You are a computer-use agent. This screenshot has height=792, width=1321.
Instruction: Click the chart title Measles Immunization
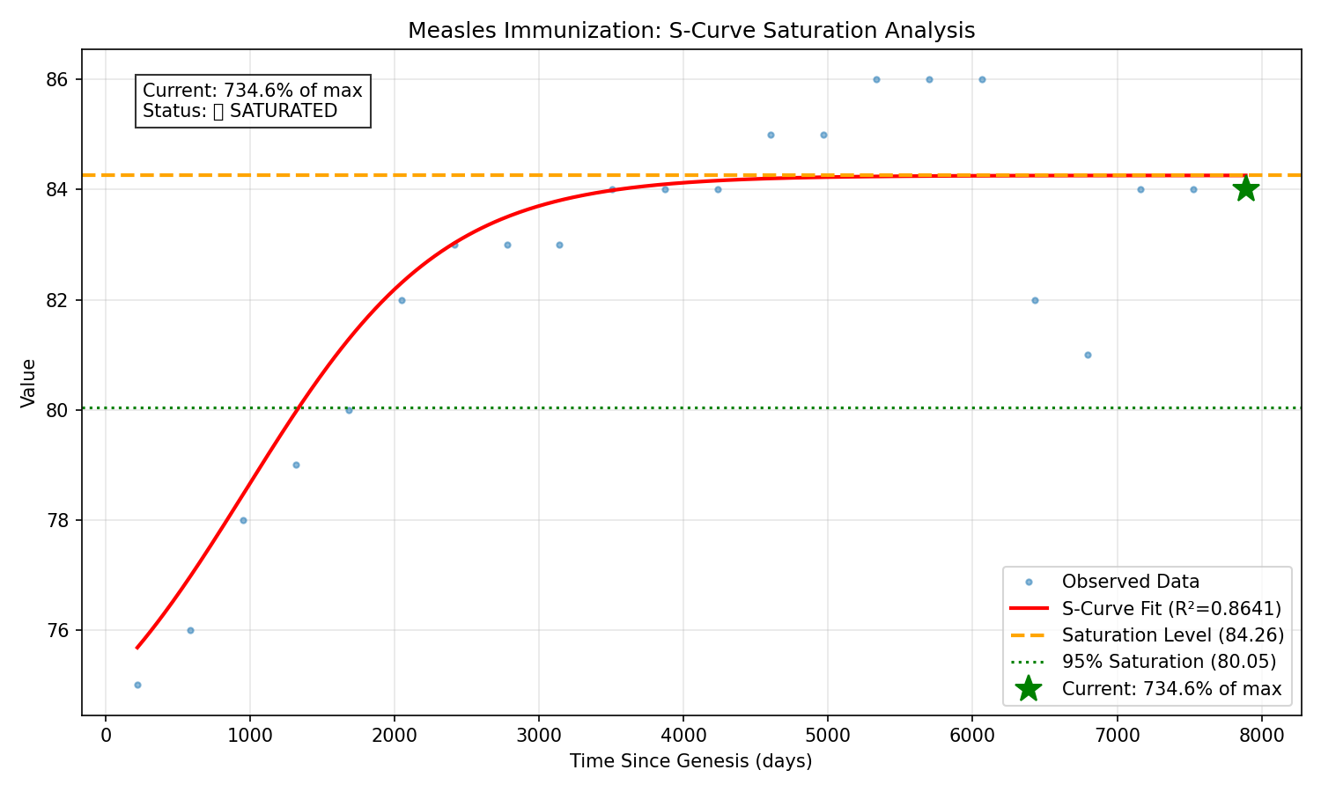(x=691, y=31)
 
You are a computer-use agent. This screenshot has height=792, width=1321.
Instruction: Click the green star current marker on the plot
(x=1244, y=188)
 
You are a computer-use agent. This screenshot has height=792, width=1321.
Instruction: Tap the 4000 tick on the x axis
(x=683, y=736)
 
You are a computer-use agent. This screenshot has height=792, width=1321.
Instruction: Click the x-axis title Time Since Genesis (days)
(x=691, y=761)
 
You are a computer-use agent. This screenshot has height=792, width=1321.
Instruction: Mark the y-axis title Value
(x=29, y=383)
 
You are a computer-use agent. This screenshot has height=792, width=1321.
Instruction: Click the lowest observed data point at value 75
(x=137, y=685)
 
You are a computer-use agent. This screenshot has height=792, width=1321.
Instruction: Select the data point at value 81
(x=1088, y=355)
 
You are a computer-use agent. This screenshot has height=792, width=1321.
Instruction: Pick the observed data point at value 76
(x=190, y=630)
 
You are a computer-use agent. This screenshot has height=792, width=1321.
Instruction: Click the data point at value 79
(x=296, y=465)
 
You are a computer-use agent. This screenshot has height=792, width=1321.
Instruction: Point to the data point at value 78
(x=243, y=520)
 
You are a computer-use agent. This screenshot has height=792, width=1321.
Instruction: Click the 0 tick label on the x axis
(x=106, y=736)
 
